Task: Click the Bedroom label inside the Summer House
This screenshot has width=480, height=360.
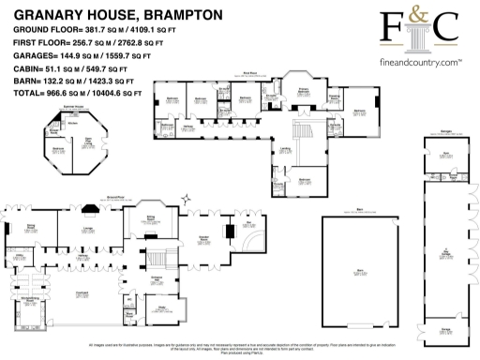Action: tap(57, 148)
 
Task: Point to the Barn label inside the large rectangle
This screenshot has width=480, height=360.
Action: tap(359, 271)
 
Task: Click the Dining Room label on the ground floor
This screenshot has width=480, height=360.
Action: tap(31, 227)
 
